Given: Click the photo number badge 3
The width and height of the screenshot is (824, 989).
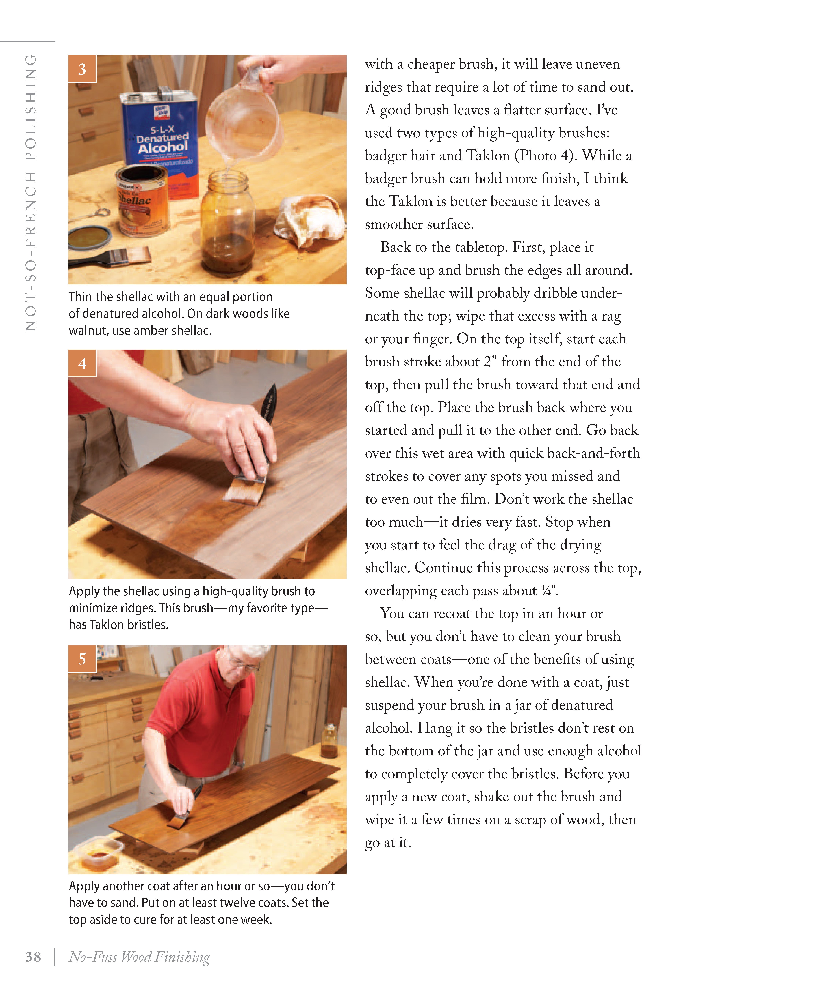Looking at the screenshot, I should pos(82,69).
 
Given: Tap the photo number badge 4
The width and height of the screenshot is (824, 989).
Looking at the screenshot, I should pos(82,363).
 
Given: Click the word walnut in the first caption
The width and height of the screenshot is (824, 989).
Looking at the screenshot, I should pos(88,331).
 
